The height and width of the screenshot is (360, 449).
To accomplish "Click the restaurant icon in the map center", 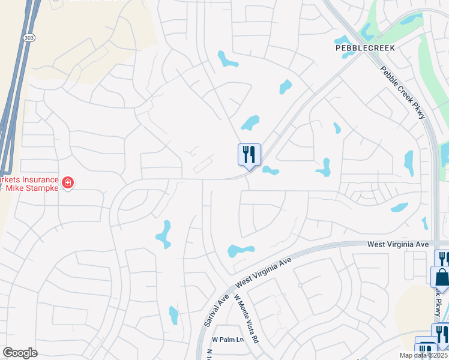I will tap(249, 155).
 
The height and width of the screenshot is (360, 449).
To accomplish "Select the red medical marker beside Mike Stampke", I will tap(68, 182).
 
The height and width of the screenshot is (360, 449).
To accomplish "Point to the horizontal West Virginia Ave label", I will tap(398, 245).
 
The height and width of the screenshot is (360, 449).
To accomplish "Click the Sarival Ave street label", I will tap(212, 311).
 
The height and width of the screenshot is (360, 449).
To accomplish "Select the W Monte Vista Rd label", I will tap(246, 319).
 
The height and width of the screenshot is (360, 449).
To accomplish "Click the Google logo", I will tap(20, 353).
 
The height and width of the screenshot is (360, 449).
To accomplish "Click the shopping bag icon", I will tap(441, 278).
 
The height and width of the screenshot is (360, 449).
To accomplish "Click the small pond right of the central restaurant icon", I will tap(270, 171).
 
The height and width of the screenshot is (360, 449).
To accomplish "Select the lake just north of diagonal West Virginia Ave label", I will tap(241, 250).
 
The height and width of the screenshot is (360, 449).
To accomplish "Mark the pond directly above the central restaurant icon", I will tap(250, 123).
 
